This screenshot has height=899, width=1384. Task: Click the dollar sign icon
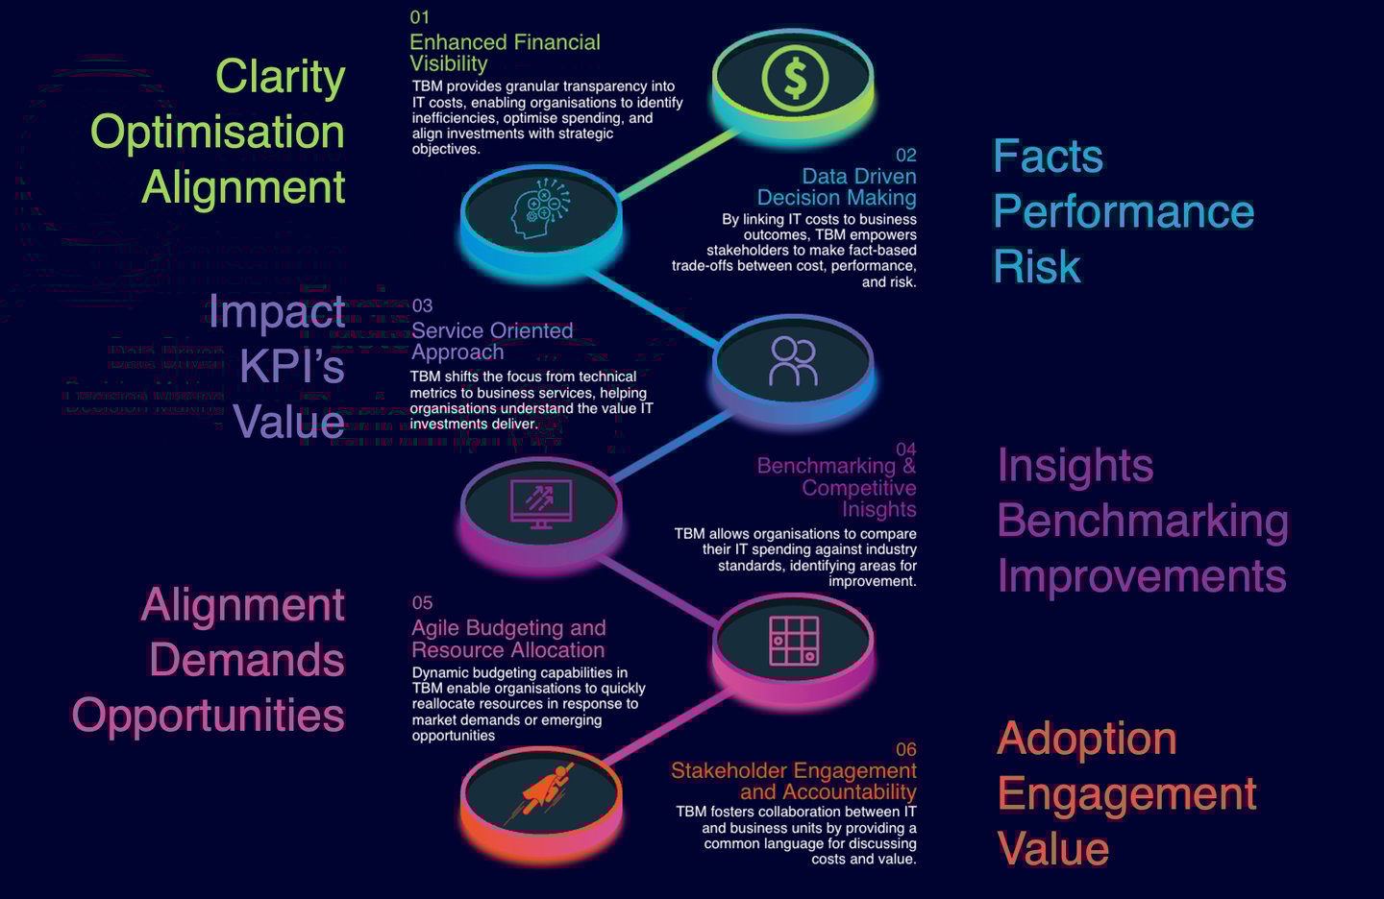click(794, 79)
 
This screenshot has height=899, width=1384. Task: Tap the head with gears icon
click(540, 208)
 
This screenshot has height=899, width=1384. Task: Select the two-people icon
click(793, 361)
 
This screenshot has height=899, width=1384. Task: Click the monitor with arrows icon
click(541, 503)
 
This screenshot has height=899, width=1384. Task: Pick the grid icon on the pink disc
click(794, 641)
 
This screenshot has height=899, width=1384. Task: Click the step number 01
click(419, 17)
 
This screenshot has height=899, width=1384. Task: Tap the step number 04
click(905, 449)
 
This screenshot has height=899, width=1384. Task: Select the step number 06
click(905, 749)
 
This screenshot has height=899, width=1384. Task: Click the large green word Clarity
click(280, 78)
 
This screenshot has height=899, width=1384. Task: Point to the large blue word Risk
click(1037, 267)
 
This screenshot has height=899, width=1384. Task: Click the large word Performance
click(1124, 211)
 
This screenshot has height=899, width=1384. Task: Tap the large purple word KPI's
click(291, 366)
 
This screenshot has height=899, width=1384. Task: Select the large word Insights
click(1075, 466)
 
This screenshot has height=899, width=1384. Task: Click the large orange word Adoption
click(1087, 740)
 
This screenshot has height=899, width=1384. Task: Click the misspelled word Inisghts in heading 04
click(878, 509)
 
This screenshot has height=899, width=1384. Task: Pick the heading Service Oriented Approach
click(492, 341)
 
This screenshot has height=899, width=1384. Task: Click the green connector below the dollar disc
click(679, 165)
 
